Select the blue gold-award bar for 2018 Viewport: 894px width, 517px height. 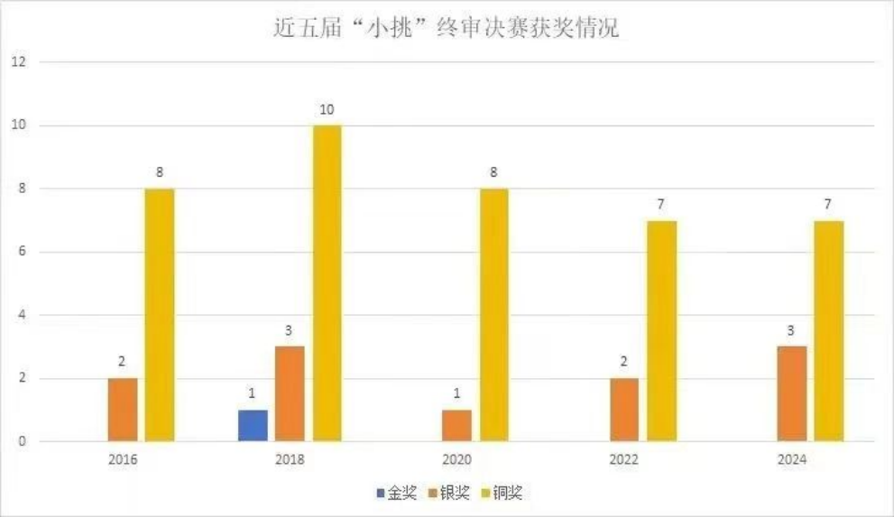click(253, 426)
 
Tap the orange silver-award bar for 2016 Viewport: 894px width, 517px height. click(123, 410)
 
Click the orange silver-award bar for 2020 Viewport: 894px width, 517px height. click(456, 426)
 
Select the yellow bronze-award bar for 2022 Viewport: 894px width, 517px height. click(661, 331)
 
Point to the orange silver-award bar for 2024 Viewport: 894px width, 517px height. click(792, 393)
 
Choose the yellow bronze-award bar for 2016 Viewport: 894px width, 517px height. click(160, 315)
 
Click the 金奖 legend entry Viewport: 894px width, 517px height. click(397, 494)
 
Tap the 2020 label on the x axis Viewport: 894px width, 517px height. click(457, 459)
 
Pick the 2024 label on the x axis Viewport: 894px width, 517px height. click(792, 459)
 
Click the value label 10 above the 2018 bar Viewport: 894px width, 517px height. click(327, 109)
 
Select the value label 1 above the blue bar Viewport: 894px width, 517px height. click(253, 394)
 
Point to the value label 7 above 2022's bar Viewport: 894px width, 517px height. click(661, 205)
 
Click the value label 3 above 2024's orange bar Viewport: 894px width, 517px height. click(792, 331)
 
